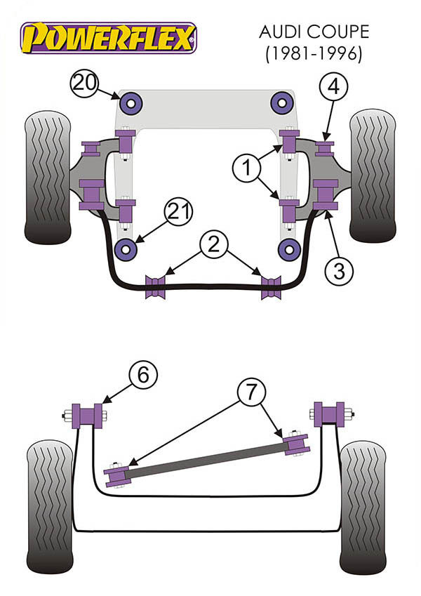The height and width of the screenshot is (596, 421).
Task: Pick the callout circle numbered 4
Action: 334,88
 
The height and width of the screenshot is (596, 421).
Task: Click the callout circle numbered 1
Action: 246,168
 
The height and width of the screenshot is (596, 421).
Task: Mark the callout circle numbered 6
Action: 142,377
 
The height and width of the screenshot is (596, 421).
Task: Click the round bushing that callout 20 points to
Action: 131,105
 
